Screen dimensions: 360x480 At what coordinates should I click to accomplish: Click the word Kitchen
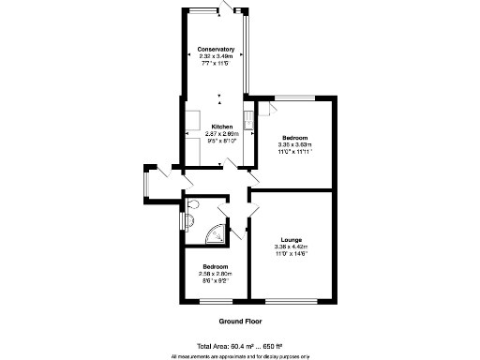[x=221, y=127]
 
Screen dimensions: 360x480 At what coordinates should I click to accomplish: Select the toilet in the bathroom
[x=194, y=205]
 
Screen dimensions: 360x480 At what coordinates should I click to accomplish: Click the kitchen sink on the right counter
[x=248, y=119]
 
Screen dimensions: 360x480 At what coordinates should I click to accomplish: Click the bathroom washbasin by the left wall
[x=187, y=221]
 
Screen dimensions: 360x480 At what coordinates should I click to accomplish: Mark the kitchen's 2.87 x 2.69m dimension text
[x=223, y=134]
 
